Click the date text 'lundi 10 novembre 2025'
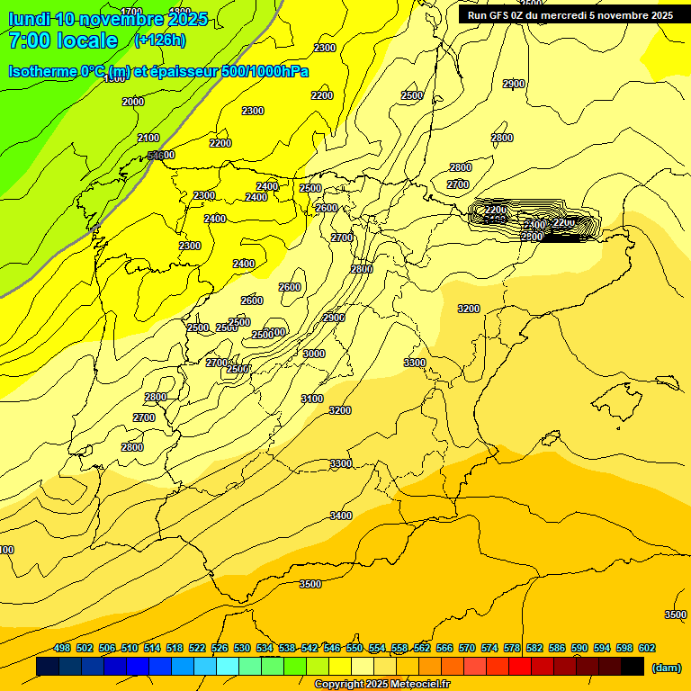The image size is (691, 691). [108, 19]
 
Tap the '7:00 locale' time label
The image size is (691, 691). [63, 40]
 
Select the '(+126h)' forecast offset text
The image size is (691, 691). [160, 40]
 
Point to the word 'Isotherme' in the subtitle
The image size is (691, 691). [41, 71]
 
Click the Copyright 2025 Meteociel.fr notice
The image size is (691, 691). [381, 685]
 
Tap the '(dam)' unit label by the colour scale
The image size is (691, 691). [666, 667]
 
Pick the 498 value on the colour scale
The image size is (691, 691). [62, 648]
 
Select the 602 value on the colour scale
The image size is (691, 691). [647, 648]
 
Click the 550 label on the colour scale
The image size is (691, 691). [354, 648]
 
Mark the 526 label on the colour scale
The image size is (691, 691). [220, 648]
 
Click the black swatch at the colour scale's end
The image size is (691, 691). [633, 667]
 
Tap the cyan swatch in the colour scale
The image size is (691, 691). [228, 667]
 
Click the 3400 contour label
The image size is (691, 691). [341, 516]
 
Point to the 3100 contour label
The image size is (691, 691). [311, 399]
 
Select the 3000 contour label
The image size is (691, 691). [314, 354]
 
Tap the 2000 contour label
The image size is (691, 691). [132, 102]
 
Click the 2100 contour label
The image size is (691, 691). [148, 138]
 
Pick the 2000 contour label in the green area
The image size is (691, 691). [132, 102]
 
